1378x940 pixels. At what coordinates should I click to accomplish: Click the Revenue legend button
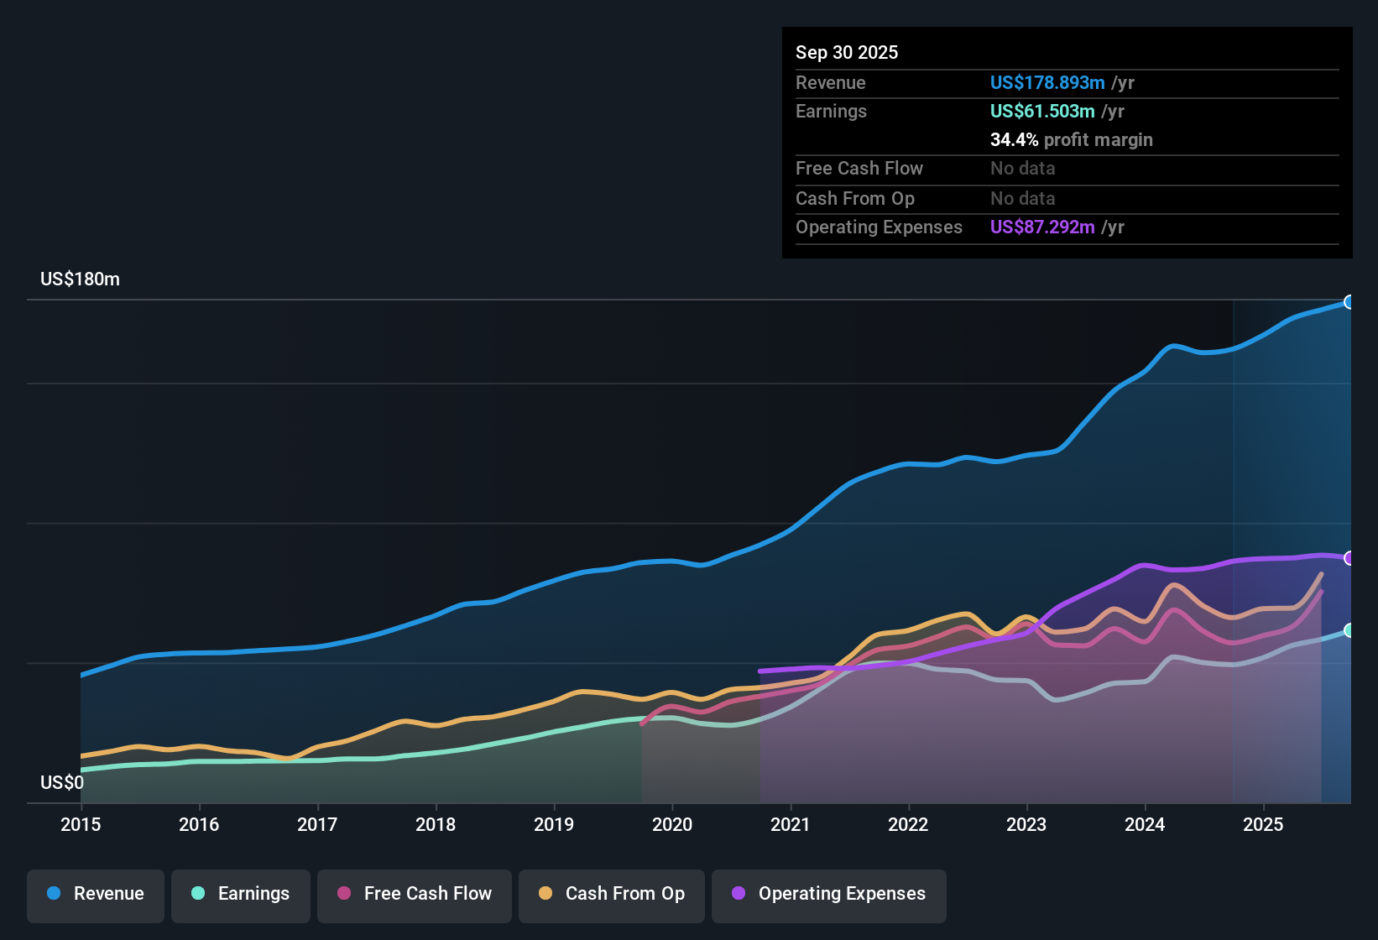96,894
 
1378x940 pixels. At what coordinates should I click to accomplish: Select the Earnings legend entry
241,894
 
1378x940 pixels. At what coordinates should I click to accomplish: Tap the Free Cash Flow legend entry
415,894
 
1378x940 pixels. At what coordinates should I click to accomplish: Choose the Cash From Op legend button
612,894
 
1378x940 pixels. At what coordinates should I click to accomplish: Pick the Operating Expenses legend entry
829,894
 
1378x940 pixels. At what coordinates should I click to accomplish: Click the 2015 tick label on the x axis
81,824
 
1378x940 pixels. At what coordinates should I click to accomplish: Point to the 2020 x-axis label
672,824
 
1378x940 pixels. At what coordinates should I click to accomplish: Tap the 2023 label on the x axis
1026,824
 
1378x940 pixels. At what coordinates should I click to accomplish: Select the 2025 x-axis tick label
1263,824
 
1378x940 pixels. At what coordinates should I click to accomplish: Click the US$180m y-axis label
80,279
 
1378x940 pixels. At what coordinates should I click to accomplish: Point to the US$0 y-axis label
62,783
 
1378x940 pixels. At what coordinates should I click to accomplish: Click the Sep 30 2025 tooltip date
847,53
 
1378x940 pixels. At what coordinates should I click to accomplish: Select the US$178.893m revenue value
1047,83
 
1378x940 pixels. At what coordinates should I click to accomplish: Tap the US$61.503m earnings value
1042,112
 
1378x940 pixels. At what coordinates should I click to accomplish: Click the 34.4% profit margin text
1071,140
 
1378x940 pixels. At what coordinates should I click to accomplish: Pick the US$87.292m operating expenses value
1042,227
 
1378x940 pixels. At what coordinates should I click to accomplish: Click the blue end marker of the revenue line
1349,302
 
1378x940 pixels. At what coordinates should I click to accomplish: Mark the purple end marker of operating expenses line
1349,558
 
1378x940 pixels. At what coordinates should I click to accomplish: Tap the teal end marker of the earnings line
1349,630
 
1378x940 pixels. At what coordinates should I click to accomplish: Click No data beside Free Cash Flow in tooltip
1022,169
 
